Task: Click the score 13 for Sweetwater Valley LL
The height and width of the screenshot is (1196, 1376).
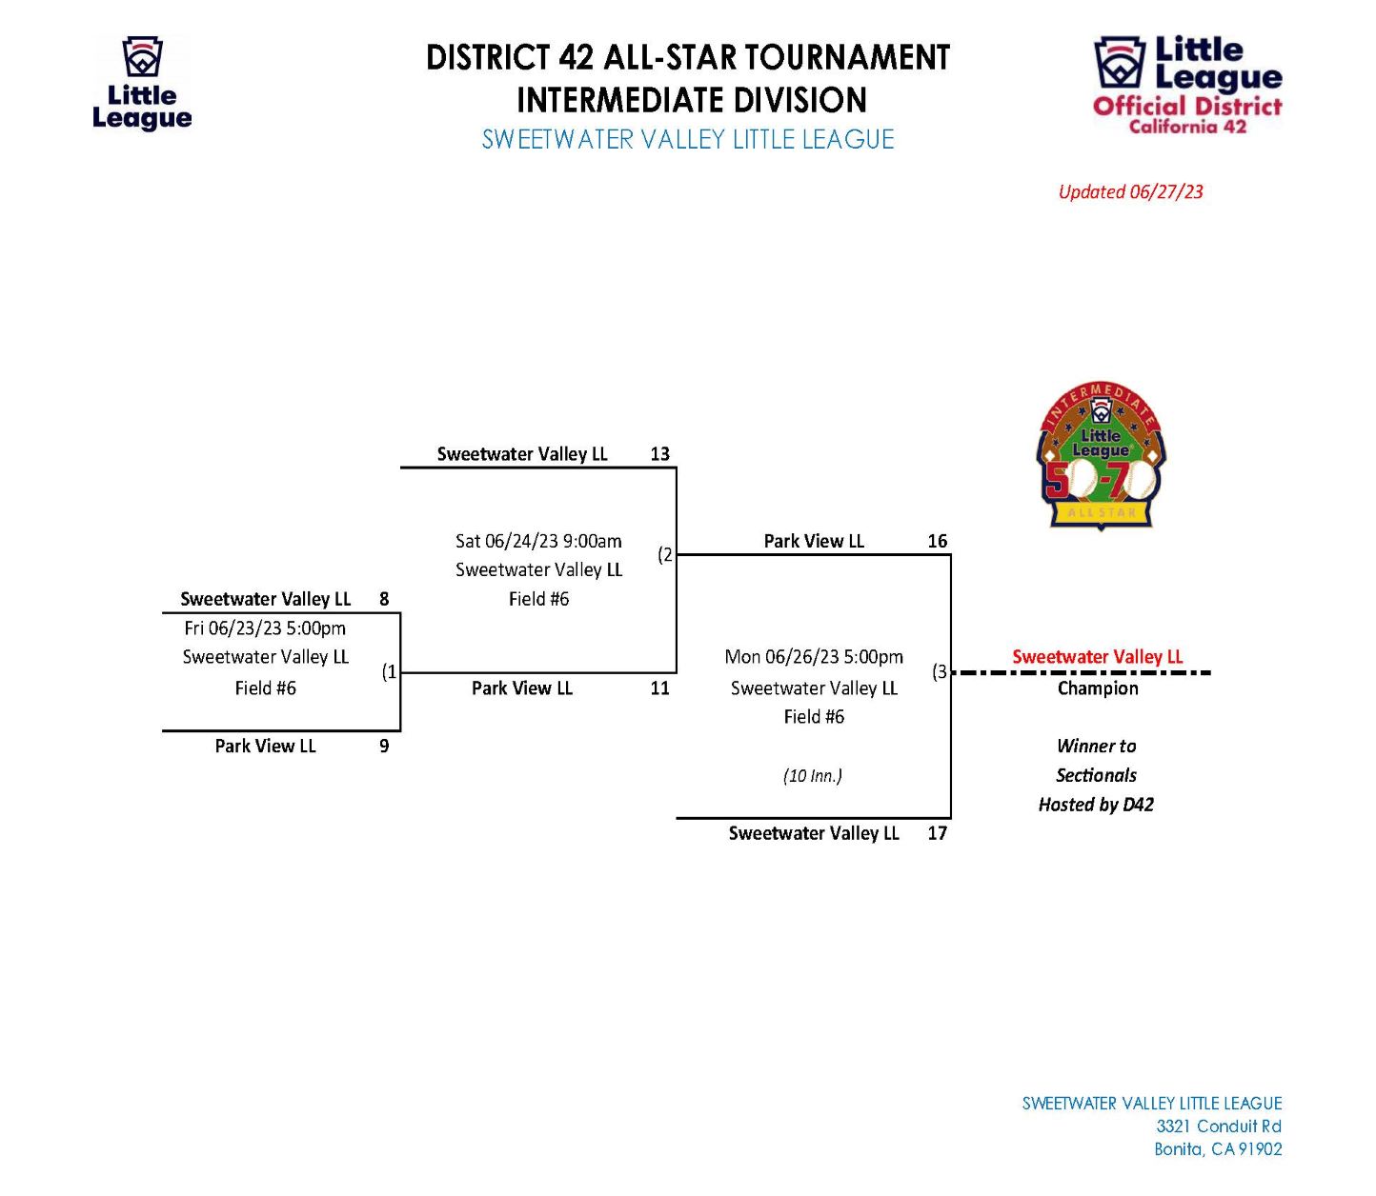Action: (659, 454)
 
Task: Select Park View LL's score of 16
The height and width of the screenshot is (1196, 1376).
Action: (937, 541)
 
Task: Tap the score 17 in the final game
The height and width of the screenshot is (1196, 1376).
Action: (937, 833)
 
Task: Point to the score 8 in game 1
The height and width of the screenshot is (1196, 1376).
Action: (384, 599)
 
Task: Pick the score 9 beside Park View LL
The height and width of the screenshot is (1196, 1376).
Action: (384, 746)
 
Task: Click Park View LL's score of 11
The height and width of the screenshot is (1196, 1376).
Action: (659, 688)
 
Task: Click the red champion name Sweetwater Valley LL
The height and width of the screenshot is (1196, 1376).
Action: (1097, 656)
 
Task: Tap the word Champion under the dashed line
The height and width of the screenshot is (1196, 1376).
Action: (1097, 688)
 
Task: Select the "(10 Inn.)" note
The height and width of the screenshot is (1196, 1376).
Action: (813, 776)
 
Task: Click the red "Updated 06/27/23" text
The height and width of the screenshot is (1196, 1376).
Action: (1130, 191)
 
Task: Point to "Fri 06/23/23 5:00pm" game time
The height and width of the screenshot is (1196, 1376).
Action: (265, 628)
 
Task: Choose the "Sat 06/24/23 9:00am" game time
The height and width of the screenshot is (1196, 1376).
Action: (538, 541)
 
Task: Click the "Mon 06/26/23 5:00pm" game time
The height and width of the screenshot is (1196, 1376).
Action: (814, 656)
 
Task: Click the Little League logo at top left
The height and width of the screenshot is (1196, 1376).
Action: (143, 83)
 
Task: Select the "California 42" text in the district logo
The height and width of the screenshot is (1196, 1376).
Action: (1187, 127)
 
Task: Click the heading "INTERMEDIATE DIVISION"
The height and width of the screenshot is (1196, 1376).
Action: (692, 100)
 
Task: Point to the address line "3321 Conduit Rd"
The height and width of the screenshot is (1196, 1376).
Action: (1219, 1126)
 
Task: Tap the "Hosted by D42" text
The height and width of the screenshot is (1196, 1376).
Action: (1096, 805)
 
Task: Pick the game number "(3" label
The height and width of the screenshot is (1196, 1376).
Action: (940, 671)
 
